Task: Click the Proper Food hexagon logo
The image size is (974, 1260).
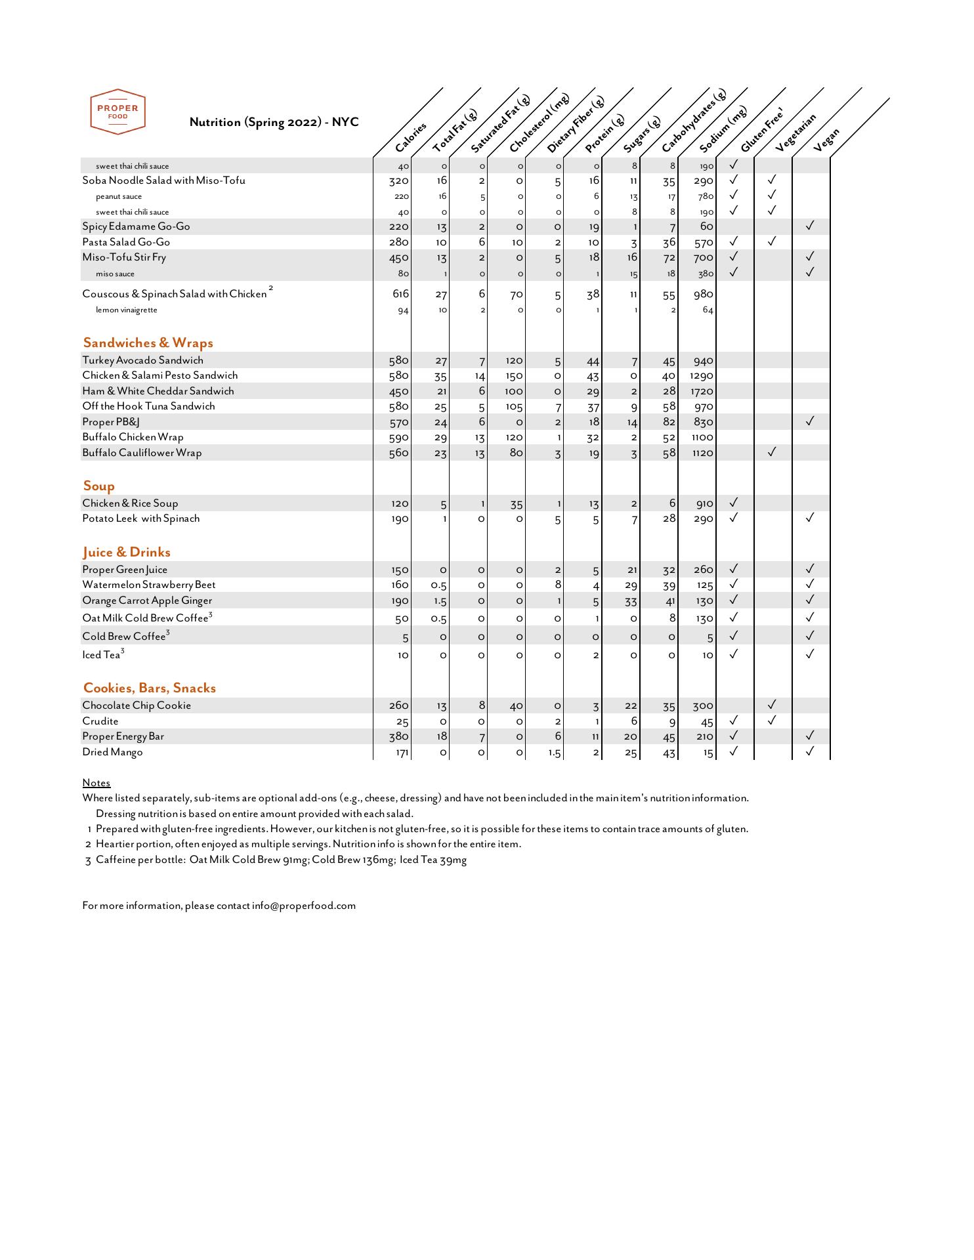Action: [x=117, y=112]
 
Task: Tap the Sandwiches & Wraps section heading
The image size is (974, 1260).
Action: [x=148, y=343]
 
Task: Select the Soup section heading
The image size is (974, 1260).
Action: [x=98, y=486]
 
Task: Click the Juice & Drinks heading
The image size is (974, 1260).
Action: [x=126, y=552]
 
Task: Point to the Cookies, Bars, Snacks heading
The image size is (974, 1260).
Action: [x=149, y=688]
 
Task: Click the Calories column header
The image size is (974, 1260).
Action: [x=412, y=136]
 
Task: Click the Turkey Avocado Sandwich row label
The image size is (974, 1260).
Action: [x=142, y=360]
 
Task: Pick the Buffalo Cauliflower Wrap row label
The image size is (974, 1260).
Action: [x=142, y=453]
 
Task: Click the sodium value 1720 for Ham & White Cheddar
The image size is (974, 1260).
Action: [x=701, y=392]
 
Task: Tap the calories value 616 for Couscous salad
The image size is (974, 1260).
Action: [x=400, y=294]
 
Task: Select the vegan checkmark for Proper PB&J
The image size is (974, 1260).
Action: [x=810, y=421]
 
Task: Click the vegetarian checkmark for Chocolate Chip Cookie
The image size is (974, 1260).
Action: [x=772, y=705]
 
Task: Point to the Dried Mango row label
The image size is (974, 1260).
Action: [x=112, y=752]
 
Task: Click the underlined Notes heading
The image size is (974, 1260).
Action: [x=96, y=783]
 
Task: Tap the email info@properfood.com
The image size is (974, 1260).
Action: [x=303, y=906]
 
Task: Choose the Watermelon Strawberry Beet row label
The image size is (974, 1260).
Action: [x=148, y=585]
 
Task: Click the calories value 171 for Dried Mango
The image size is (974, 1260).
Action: [x=402, y=753]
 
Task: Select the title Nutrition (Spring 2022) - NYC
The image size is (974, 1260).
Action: [x=274, y=122]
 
